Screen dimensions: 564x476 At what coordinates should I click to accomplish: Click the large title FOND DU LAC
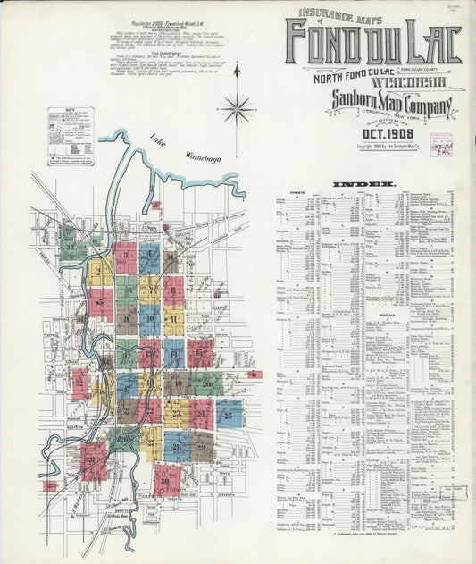coord(372,46)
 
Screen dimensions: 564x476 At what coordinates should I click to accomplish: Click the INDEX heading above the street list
coord(363,184)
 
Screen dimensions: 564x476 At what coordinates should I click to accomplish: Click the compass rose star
coord(237,110)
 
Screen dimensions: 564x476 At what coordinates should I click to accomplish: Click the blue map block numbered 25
coord(230,415)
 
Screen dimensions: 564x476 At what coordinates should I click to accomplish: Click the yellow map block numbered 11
coord(174,318)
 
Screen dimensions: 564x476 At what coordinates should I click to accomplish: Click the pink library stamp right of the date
coord(441,145)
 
